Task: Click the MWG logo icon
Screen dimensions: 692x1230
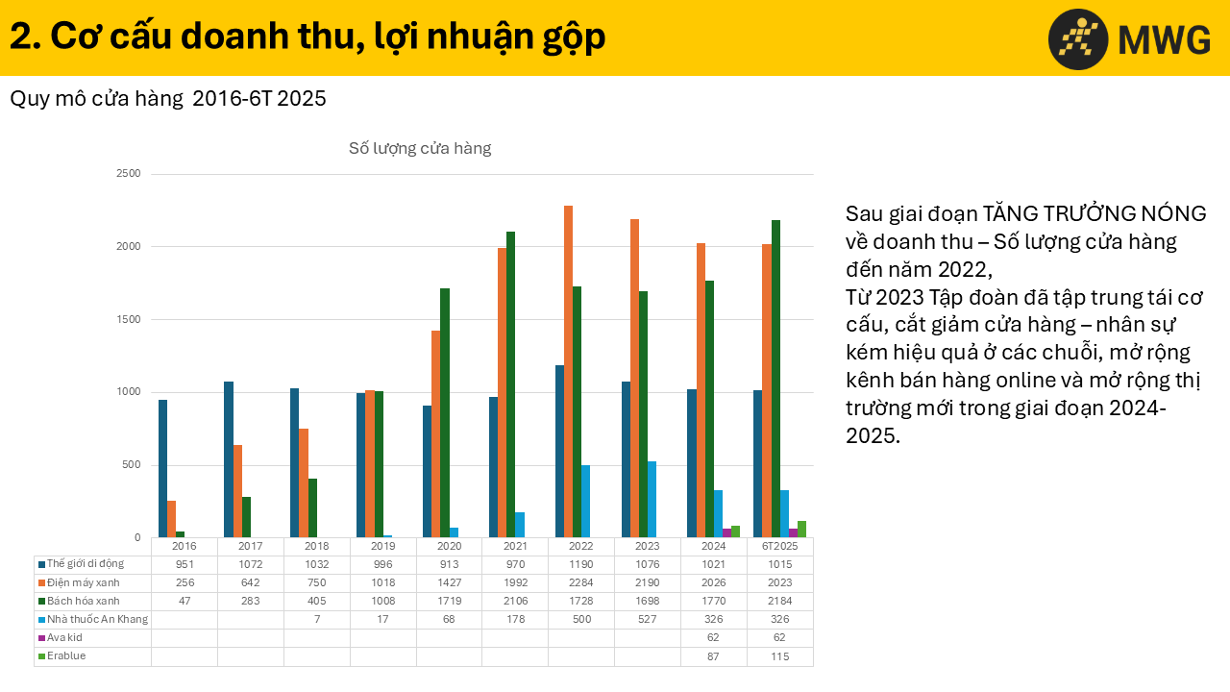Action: (1078, 39)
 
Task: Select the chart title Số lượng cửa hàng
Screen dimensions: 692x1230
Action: (420, 148)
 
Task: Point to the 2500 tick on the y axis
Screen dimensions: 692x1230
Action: (129, 174)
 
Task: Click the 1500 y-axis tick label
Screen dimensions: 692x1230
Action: (129, 319)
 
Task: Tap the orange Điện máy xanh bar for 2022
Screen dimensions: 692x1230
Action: (568, 371)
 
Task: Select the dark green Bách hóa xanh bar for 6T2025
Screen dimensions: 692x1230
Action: (775, 379)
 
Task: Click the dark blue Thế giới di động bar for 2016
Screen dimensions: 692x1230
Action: (162, 468)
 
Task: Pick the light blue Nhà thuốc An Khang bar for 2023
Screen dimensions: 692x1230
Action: (652, 499)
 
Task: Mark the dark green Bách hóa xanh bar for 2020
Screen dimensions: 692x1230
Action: (445, 412)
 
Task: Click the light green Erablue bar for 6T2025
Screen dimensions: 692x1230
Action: (801, 529)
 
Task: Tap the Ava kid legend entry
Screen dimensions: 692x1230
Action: (65, 637)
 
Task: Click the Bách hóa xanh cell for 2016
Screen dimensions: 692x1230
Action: (184, 601)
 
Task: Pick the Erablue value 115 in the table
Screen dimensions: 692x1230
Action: (779, 655)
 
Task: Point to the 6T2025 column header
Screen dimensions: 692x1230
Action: (779, 546)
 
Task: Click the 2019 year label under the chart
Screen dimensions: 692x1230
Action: (382, 546)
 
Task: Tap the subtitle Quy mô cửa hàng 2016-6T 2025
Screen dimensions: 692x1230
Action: (168, 98)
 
